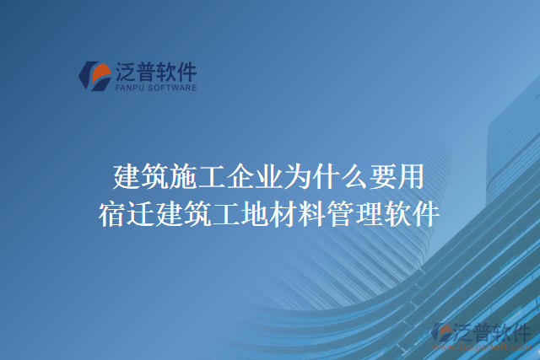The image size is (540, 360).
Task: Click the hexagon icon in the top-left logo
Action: pos(93,75)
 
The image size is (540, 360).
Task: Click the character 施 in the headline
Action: pos(183,178)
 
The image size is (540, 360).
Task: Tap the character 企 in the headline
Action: pos(239,178)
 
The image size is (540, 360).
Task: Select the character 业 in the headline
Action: pos(267,178)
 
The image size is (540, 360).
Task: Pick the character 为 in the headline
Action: pos(295,178)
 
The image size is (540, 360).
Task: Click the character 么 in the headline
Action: pos(351,178)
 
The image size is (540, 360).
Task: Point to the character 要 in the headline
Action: pos(380,178)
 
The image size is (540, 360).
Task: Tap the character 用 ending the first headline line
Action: pos(408,178)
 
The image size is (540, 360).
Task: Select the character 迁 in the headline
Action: pos(141,212)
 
